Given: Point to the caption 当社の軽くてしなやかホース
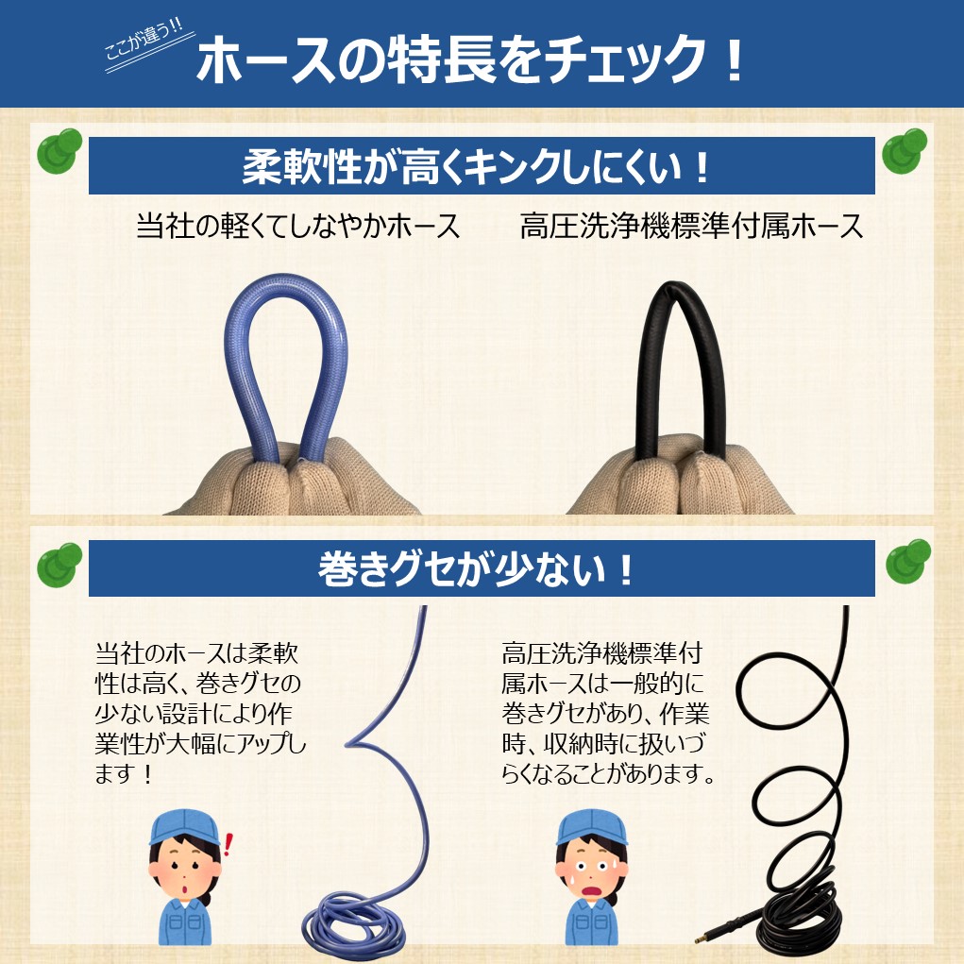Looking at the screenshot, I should coord(297,227).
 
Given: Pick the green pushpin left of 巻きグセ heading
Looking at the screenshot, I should coord(59,566).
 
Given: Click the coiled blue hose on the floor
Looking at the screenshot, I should coord(354,925).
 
